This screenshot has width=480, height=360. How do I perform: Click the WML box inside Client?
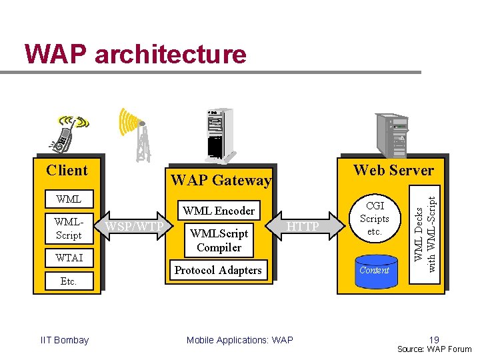point(69,199)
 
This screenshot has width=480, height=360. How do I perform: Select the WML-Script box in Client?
point(69,229)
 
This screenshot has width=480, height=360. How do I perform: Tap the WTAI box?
point(69,258)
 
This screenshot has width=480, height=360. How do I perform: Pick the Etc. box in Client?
point(69,281)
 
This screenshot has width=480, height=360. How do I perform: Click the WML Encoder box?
point(219,210)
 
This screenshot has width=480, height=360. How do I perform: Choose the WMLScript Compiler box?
point(219,240)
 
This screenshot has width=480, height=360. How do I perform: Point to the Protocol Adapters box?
point(219,270)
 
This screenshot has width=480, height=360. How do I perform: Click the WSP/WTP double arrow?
point(134,226)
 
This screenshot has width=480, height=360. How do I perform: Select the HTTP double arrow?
point(305,226)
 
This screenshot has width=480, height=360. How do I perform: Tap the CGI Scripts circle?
point(375,218)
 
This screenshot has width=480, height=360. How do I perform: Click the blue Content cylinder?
point(376,271)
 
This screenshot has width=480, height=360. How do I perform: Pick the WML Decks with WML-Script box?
point(425,234)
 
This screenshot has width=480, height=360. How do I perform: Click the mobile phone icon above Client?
point(68,134)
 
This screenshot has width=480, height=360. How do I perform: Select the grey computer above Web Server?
point(392,135)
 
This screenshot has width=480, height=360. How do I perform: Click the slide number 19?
point(434,339)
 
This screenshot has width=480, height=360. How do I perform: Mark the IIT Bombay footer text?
point(65,340)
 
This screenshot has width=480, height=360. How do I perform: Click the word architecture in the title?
point(171,54)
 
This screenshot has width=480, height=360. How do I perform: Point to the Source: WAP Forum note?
point(435,349)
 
